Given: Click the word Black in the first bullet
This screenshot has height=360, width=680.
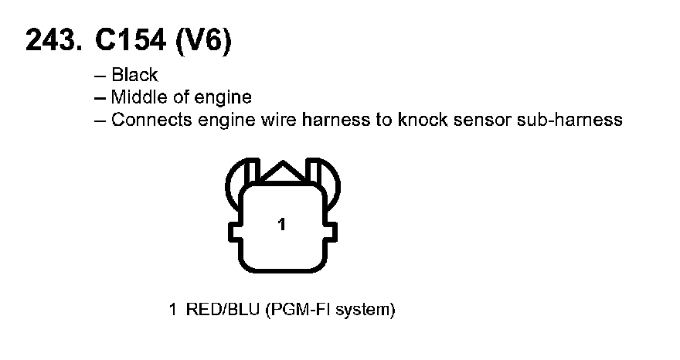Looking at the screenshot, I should tap(134, 75).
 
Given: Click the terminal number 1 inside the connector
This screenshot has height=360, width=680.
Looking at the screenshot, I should tap(282, 225).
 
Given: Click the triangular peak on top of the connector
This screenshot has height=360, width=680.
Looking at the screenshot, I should tap(283, 172).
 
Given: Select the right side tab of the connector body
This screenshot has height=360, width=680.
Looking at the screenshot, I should tap(332, 231).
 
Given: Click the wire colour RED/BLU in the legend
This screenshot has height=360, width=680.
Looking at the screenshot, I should tap(223, 311).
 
